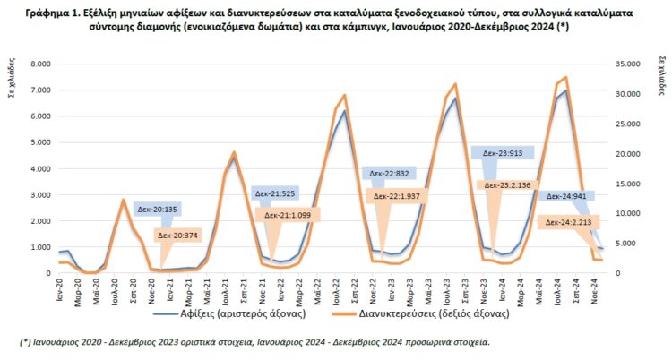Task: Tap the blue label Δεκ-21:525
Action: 274,193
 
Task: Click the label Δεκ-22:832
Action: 386,174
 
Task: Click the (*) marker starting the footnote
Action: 26,341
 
